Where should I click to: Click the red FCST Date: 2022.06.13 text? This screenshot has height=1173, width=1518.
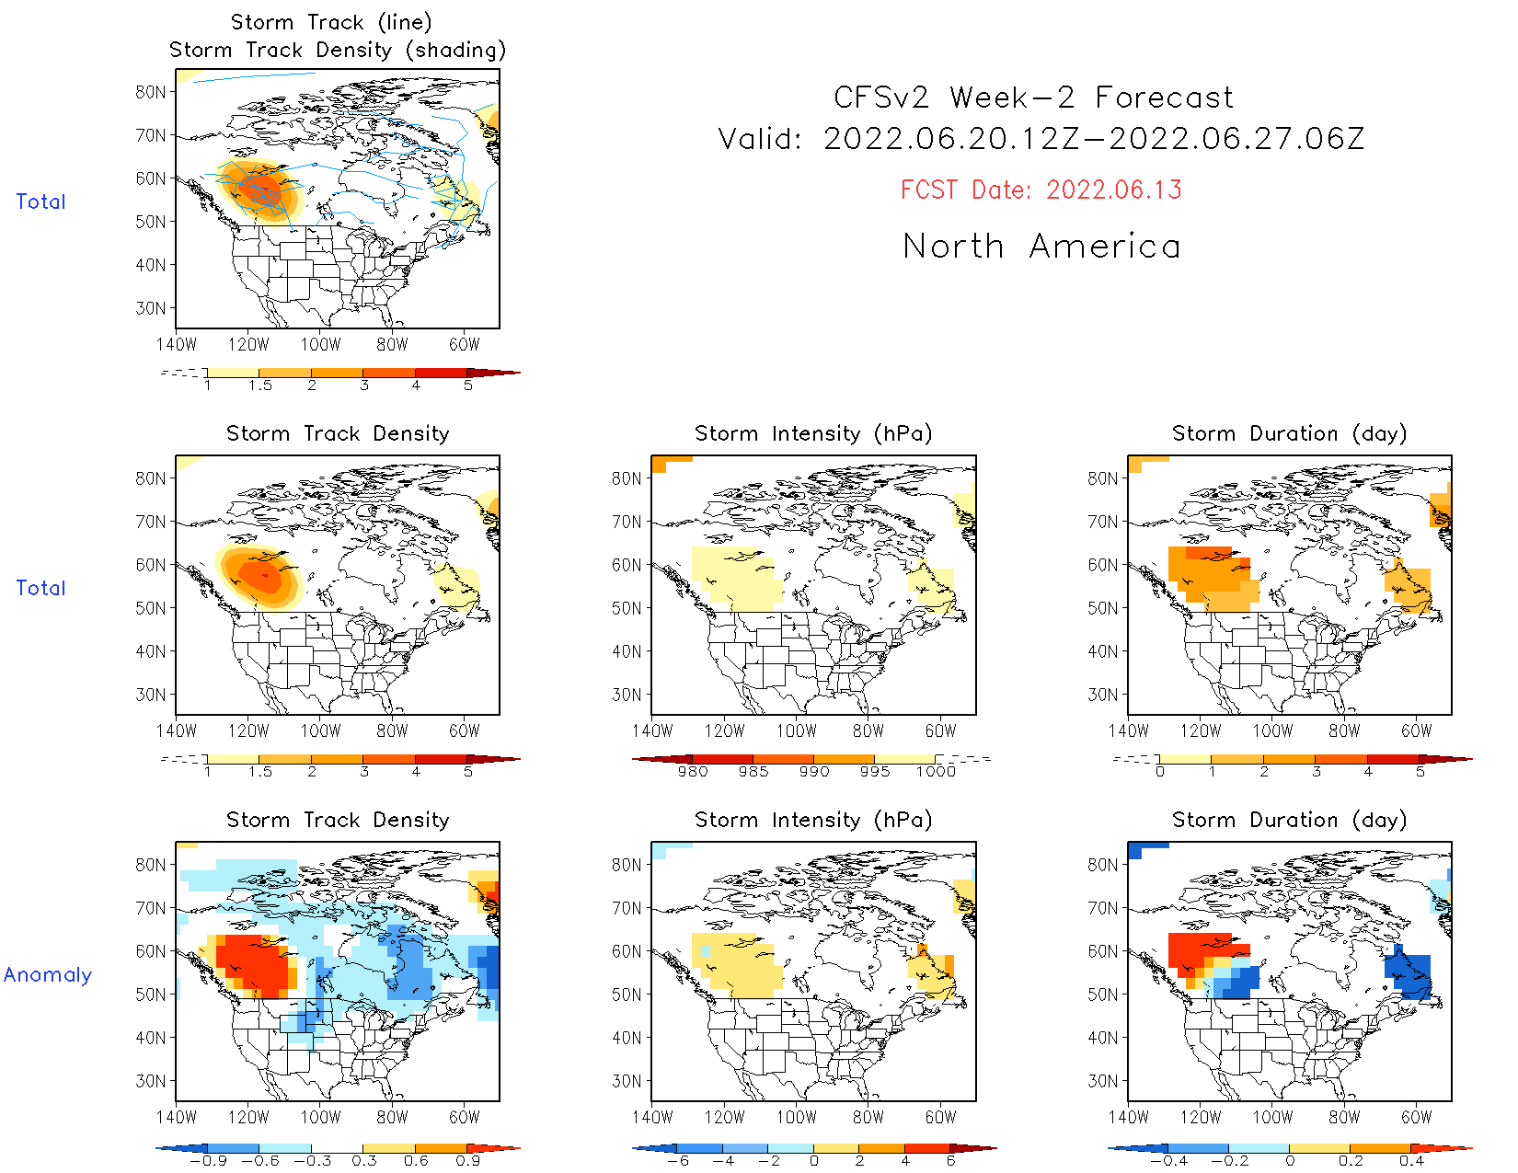tap(1041, 190)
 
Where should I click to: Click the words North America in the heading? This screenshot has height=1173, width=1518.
tap(1041, 247)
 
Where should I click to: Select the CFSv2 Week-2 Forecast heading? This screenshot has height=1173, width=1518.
tap(1033, 98)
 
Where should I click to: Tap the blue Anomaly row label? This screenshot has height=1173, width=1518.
tap(48, 975)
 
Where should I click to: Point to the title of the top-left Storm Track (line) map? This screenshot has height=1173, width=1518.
tap(331, 22)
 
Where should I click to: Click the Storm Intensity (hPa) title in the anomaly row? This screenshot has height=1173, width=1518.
tap(813, 820)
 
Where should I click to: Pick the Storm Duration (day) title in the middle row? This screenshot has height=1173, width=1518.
tap(1289, 433)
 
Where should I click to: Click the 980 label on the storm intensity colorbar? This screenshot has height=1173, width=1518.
tap(693, 772)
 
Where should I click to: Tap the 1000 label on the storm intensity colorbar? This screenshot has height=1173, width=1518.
tap(936, 772)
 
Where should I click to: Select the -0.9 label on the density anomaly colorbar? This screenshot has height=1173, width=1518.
tap(208, 1161)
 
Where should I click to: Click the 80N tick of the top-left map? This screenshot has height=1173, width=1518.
tap(151, 92)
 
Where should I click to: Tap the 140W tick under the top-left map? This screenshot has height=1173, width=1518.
tap(176, 345)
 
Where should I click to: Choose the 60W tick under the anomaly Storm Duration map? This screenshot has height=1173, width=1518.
tap(1416, 1118)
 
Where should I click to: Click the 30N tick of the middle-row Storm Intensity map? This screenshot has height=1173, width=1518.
tap(627, 695)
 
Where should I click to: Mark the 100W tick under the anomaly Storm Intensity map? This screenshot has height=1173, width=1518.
tap(797, 1118)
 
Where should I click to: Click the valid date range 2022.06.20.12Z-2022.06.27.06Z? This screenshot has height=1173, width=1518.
tap(1094, 140)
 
